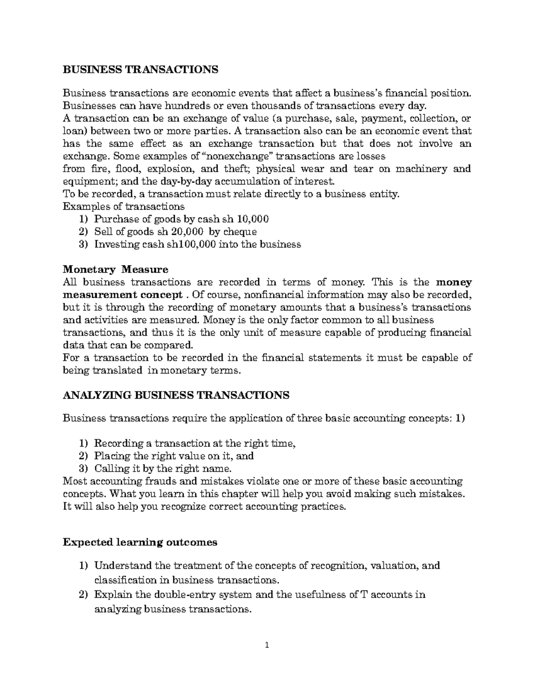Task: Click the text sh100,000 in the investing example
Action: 188,244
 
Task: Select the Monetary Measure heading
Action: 115,270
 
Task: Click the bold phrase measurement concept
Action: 123,295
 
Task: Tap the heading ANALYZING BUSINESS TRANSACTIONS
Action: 176,395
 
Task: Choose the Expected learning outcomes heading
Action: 140,542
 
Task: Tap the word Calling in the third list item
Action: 110,469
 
